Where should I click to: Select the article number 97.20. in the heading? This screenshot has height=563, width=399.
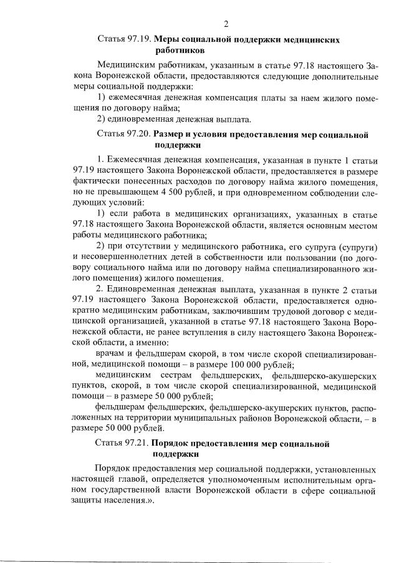click(137, 134)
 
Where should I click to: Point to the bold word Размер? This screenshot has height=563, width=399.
click(170, 134)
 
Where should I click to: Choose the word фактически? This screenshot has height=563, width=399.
click(99, 182)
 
